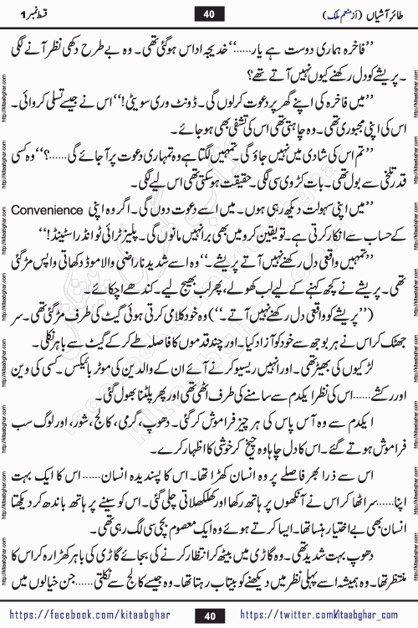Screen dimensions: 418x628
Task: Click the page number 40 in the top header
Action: coord(209,12)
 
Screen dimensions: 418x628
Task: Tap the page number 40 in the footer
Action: coord(209,614)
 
